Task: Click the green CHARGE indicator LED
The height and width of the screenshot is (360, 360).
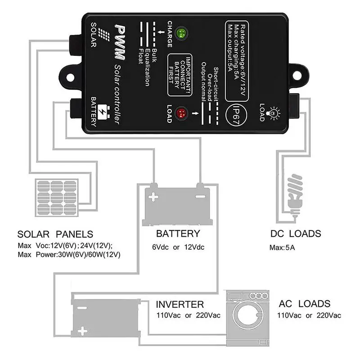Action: [181, 33]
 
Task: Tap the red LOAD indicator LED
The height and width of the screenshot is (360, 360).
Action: [182, 113]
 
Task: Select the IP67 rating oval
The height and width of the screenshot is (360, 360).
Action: [236, 115]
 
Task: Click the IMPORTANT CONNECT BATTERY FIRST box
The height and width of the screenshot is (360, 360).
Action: [180, 75]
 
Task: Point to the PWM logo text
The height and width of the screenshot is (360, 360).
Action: [120, 42]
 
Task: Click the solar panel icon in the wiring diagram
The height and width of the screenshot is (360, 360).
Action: [57, 198]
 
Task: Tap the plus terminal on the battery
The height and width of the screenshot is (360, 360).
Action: [153, 197]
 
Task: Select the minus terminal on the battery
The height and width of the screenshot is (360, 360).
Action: [200, 197]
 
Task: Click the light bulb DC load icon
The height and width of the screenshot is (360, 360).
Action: [295, 195]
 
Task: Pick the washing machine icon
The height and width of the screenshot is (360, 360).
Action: [248, 318]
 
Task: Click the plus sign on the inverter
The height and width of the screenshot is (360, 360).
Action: [82, 331]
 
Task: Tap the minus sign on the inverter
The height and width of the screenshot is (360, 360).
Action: [82, 308]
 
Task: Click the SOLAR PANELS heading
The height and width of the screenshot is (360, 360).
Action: [55, 234]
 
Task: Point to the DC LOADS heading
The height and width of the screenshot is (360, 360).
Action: [296, 234]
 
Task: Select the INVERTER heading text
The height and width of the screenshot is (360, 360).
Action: [180, 305]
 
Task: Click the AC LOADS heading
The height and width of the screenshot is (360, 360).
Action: [305, 304]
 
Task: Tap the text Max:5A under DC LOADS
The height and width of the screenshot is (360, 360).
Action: [282, 247]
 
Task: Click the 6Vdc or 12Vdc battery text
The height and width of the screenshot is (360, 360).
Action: [178, 247]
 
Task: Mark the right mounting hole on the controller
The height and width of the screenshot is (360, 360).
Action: [297, 76]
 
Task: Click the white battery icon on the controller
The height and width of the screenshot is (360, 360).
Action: [103, 112]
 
